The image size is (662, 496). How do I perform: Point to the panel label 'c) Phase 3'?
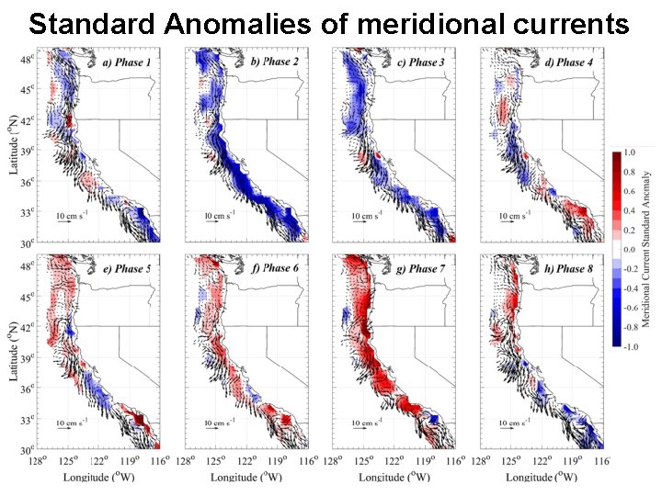[424, 62]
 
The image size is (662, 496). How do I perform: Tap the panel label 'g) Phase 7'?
[424, 269]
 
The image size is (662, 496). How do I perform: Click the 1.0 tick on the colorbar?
[629, 152]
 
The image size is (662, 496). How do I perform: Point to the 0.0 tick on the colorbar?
[629, 249]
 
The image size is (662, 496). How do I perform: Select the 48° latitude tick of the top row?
[28, 59]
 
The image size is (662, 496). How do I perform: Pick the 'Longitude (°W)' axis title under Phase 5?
[98, 478]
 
